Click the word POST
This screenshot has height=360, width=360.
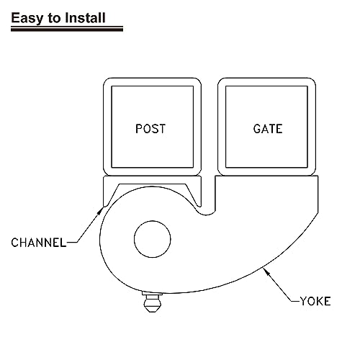tap(150, 129)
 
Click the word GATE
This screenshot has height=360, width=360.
tap(268, 129)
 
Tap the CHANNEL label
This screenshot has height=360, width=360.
tap(38, 243)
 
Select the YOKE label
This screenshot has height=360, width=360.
tap(315, 301)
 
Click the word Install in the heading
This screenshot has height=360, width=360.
tap(86, 18)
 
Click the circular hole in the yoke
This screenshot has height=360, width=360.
tap(153, 239)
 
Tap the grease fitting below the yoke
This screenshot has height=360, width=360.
tap(152, 302)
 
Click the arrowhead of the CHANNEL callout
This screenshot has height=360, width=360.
tap(101, 210)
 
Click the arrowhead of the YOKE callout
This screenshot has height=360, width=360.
tap(266, 272)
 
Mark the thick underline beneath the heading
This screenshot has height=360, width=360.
tap(67, 29)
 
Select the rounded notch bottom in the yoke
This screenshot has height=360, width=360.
tap(207, 214)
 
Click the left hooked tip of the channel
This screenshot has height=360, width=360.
tap(104, 205)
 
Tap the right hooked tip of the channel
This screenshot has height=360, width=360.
tap(199, 205)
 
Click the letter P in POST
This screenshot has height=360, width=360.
tap(139, 129)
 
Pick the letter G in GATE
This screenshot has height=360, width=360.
tap(257, 129)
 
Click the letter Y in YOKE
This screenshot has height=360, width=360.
tap(304, 301)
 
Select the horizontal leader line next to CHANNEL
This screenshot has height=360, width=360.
tap(72, 243)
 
